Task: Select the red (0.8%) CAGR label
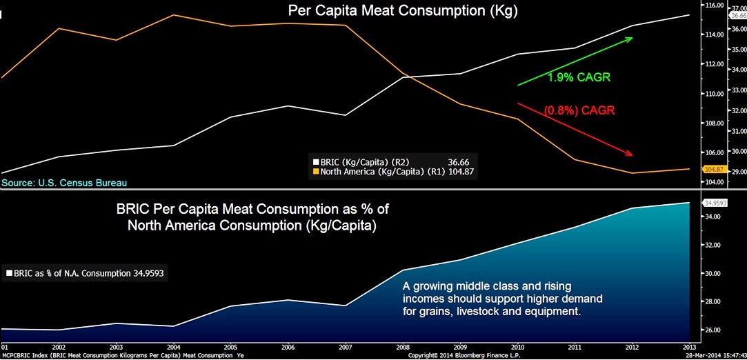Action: pos(579,110)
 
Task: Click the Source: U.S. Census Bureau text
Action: pos(64,183)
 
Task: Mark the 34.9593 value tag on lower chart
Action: pos(716,203)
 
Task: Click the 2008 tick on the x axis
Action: pos(404,346)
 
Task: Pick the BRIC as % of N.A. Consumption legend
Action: pos(86,273)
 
